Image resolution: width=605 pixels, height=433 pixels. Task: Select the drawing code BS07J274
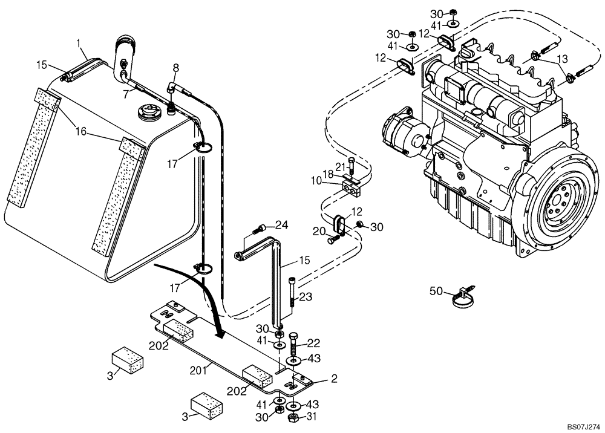[579, 426]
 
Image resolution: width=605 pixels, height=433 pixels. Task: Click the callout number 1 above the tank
[78, 44]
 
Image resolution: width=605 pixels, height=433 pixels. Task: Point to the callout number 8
[176, 67]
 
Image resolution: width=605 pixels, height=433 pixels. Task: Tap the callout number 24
[281, 226]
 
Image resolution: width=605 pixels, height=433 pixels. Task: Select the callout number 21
[340, 166]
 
